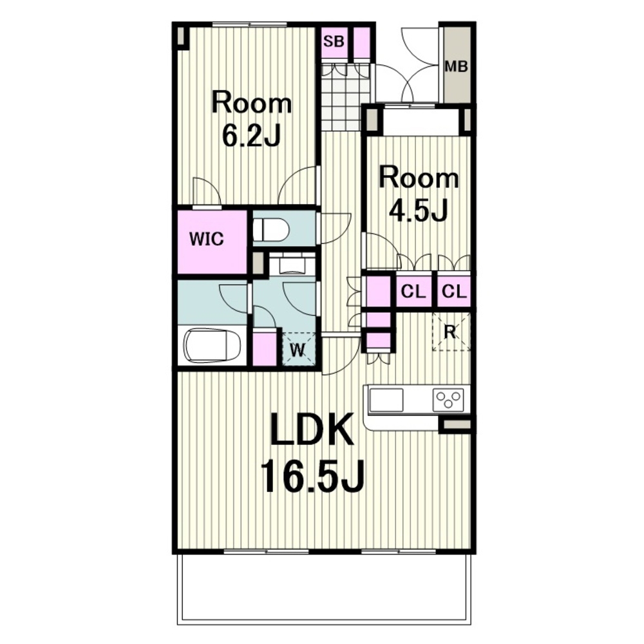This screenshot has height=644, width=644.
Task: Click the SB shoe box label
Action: click(333, 41)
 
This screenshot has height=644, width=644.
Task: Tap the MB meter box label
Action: click(457, 66)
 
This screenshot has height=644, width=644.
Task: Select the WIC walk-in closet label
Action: click(207, 239)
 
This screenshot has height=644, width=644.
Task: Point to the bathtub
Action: click(211, 345)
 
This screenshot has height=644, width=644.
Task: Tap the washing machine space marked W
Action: click(299, 349)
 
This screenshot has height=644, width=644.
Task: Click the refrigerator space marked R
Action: click(451, 332)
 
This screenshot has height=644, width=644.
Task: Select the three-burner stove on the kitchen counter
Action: click(448, 400)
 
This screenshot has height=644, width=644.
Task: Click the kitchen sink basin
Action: click(386, 400)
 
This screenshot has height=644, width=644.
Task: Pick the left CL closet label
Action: click(413, 292)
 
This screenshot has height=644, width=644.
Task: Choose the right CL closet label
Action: click(454, 292)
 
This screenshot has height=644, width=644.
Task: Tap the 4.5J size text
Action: click(418, 210)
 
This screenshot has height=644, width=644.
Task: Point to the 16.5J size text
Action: click(312, 476)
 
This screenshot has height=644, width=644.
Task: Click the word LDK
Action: click(312, 430)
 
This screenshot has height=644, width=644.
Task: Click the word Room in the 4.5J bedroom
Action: click(419, 178)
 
